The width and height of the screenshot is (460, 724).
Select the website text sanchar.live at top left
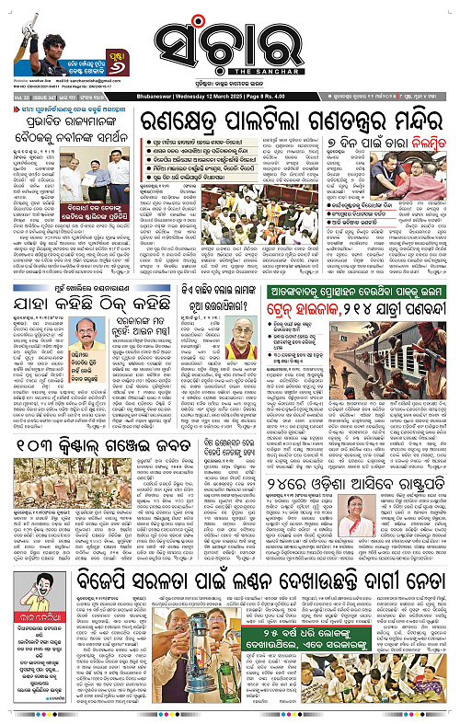31,81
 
